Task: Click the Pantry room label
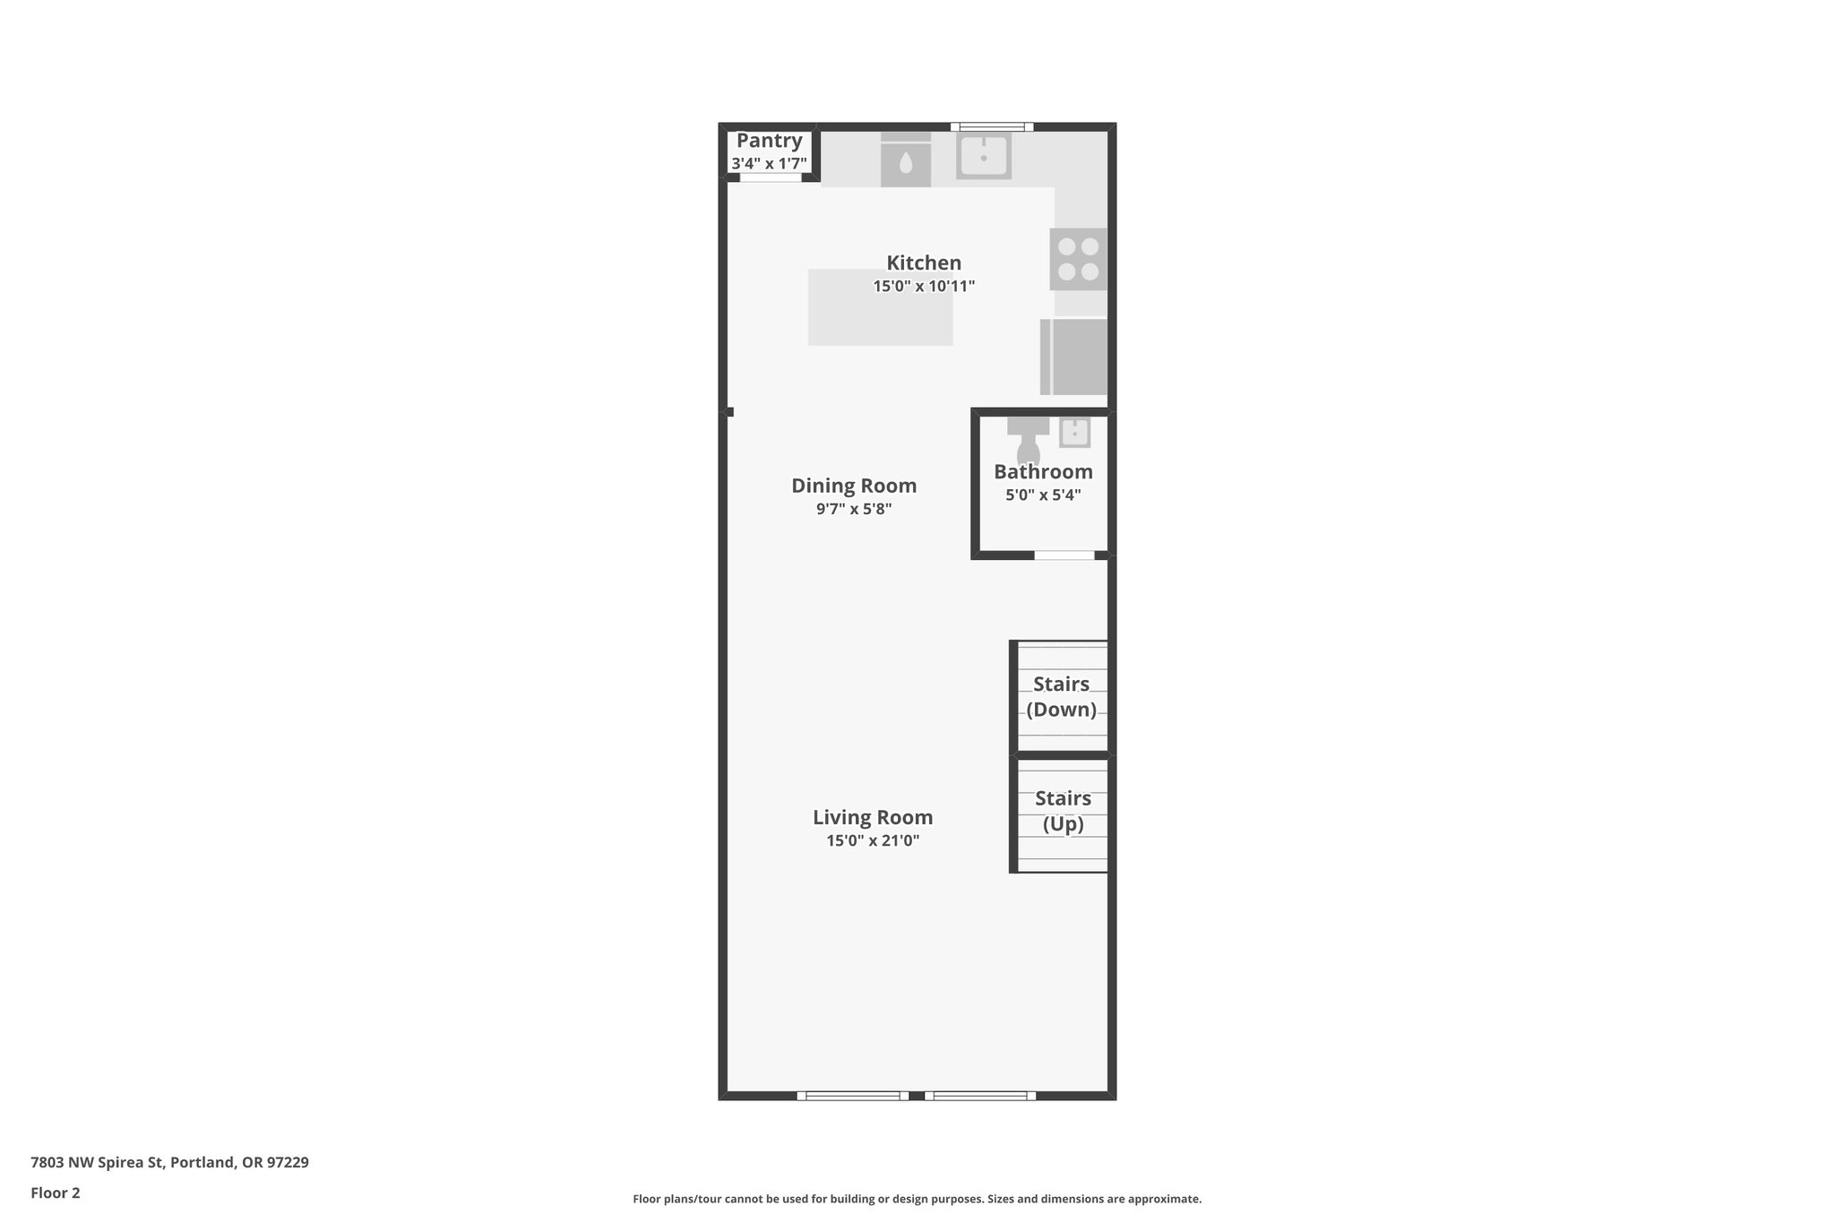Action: [x=769, y=141]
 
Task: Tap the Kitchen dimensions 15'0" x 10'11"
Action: [x=924, y=287]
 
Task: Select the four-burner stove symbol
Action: [x=1078, y=259]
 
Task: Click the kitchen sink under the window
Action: [x=984, y=156]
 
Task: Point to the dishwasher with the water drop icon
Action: [x=906, y=161]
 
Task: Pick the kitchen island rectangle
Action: [x=880, y=307]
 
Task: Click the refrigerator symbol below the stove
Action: [x=1074, y=357]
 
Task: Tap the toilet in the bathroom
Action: [x=1028, y=440]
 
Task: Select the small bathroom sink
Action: [x=1074, y=433]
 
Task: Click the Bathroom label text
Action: [x=1043, y=472]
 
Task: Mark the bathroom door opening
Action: [x=1064, y=556]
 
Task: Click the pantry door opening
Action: [x=770, y=177]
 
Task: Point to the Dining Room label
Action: [x=854, y=486]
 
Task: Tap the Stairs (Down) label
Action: [x=1061, y=697]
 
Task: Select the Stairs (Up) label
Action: [x=1063, y=811]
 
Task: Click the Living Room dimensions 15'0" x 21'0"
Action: [x=873, y=841]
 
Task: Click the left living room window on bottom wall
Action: [x=852, y=1095]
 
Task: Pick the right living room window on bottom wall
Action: [x=980, y=1095]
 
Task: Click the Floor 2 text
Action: [x=56, y=1193]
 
